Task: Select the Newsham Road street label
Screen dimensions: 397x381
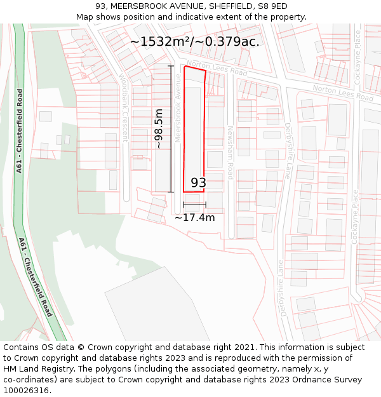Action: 231,152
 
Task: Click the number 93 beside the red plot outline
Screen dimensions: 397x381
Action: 198,182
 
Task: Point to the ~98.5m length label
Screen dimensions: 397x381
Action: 159,129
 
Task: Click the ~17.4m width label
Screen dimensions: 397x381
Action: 194,217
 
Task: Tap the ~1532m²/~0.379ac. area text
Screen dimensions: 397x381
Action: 195,41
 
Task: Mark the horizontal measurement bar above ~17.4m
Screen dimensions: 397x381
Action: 194,205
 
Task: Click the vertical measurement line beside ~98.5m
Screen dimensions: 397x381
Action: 170,128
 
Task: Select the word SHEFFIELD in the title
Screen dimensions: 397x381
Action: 231,6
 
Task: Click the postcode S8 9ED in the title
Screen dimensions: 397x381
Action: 272,6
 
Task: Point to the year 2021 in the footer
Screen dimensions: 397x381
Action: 244,347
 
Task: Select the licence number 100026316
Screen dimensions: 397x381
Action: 27,391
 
